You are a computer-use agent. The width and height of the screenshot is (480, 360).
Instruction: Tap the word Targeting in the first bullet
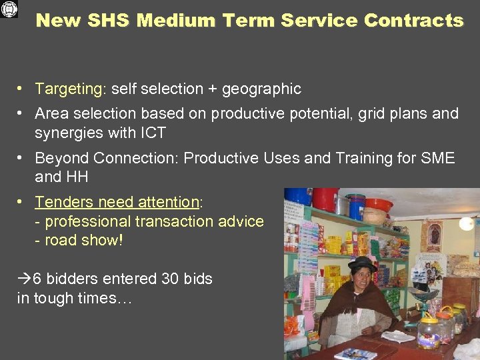coord(66,89)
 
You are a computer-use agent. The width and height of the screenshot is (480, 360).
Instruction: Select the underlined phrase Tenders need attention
coord(117,202)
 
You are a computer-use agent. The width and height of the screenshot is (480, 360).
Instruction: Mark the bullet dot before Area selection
coord(22,114)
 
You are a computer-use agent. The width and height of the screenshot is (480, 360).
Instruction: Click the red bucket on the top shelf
coord(326,199)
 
